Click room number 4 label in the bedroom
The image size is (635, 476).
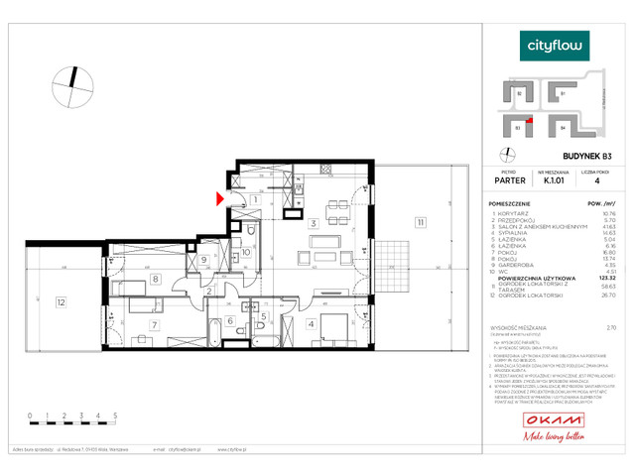click(311, 323)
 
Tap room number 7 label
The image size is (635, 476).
click(154, 323)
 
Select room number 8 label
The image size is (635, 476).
click(157, 280)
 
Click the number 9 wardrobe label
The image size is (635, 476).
click(204, 261)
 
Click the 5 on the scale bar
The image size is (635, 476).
click(117, 416)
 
